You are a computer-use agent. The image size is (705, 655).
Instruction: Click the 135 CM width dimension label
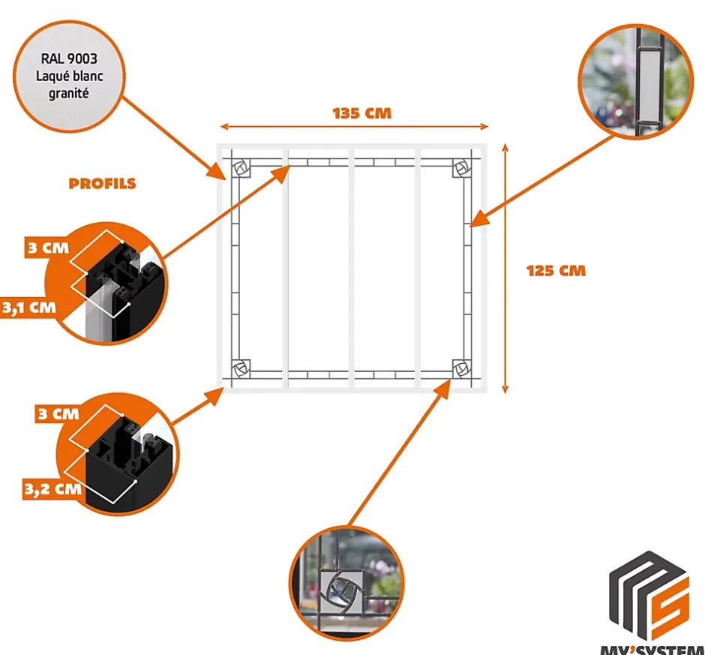tap(362, 114)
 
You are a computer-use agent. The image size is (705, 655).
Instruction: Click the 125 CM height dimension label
tap(556, 270)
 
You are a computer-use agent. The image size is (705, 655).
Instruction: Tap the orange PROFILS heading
tap(102, 184)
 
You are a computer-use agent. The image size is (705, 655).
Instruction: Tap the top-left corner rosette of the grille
tap(241, 170)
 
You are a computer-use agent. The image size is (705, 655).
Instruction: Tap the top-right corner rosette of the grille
tap(460, 170)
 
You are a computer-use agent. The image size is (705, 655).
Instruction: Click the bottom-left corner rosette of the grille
tap(241, 368)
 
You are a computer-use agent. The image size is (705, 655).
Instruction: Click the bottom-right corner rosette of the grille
tap(460, 368)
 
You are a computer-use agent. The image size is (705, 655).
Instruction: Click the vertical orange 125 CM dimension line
tap(505, 270)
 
